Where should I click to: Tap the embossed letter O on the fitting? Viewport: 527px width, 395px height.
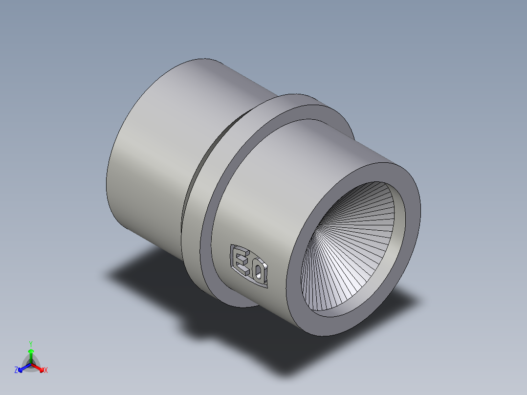tap(258, 271)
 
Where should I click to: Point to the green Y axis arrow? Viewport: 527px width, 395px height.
tap(30, 353)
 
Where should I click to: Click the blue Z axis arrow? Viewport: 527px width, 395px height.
tap(22, 368)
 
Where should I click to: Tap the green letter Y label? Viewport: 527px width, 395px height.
tap(30, 344)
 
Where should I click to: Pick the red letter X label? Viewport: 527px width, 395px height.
tap(46, 371)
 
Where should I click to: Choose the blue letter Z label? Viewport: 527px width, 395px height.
tap(16, 371)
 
